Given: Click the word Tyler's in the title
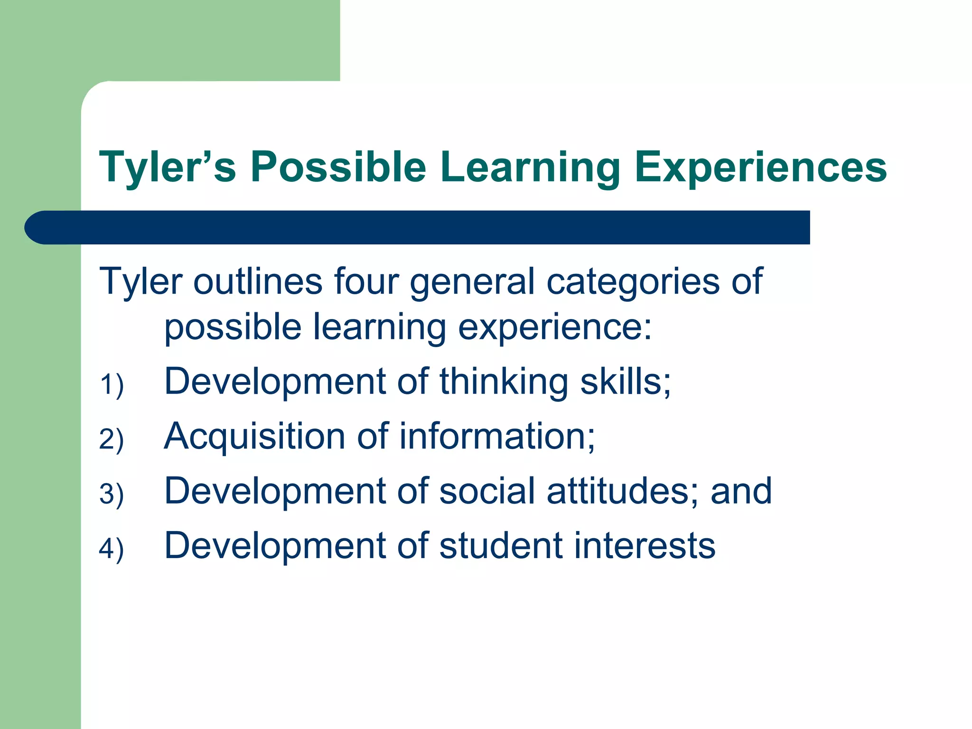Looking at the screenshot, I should click(x=168, y=167).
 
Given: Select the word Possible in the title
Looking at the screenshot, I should click(x=338, y=167).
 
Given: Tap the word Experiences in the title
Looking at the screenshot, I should click(x=760, y=167).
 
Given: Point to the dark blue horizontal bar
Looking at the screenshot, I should click(x=418, y=227).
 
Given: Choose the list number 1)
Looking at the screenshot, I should click(x=112, y=384).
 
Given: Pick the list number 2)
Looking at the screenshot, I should click(x=112, y=439).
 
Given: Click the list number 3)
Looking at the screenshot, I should click(x=112, y=494).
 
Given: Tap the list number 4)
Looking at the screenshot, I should click(x=112, y=548).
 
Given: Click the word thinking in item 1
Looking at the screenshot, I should click(x=504, y=383).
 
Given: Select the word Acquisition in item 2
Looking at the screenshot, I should click(x=254, y=437).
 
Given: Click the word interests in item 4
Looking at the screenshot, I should click(x=645, y=545).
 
